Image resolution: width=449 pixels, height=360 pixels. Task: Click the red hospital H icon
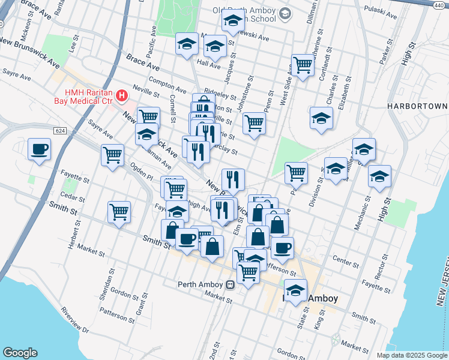point(122,95)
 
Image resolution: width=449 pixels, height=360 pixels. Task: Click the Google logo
point(20,353)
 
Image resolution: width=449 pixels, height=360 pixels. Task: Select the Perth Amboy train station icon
point(230,284)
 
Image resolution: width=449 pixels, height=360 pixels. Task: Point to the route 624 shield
point(59,130)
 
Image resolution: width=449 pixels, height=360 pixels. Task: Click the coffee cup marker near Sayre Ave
point(40,149)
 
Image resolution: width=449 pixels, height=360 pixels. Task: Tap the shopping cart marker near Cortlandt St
point(303,65)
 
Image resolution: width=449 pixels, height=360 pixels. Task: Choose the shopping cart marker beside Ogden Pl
point(112,155)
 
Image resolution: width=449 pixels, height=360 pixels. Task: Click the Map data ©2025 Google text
point(411,355)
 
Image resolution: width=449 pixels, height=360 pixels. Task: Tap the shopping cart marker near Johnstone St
point(255,124)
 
